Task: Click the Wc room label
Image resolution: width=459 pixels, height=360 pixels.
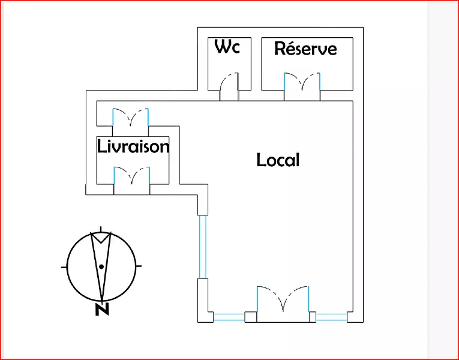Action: point(227,47)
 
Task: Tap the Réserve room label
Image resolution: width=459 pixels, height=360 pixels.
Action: point(305,49)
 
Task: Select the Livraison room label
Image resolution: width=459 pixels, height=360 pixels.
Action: point(133,146)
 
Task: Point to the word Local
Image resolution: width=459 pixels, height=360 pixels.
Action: point(278,160)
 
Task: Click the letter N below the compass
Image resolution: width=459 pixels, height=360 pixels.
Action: point(101,310)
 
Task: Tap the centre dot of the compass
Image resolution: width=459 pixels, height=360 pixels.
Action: point(102,266)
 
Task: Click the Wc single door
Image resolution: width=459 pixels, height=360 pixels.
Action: point(229,87)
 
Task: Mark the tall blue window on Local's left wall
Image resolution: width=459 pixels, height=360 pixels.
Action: point(203,246)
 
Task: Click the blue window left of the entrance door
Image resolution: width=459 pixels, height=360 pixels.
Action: point(229,317)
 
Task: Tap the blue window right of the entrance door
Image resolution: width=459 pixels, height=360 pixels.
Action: point(331,317)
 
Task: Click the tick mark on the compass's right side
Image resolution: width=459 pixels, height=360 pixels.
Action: point(139,265)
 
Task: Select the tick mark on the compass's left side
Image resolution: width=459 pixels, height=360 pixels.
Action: point(64,265)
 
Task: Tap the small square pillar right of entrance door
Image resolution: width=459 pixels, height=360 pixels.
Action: point(312,317)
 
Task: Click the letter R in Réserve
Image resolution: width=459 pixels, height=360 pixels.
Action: point(280,49)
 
